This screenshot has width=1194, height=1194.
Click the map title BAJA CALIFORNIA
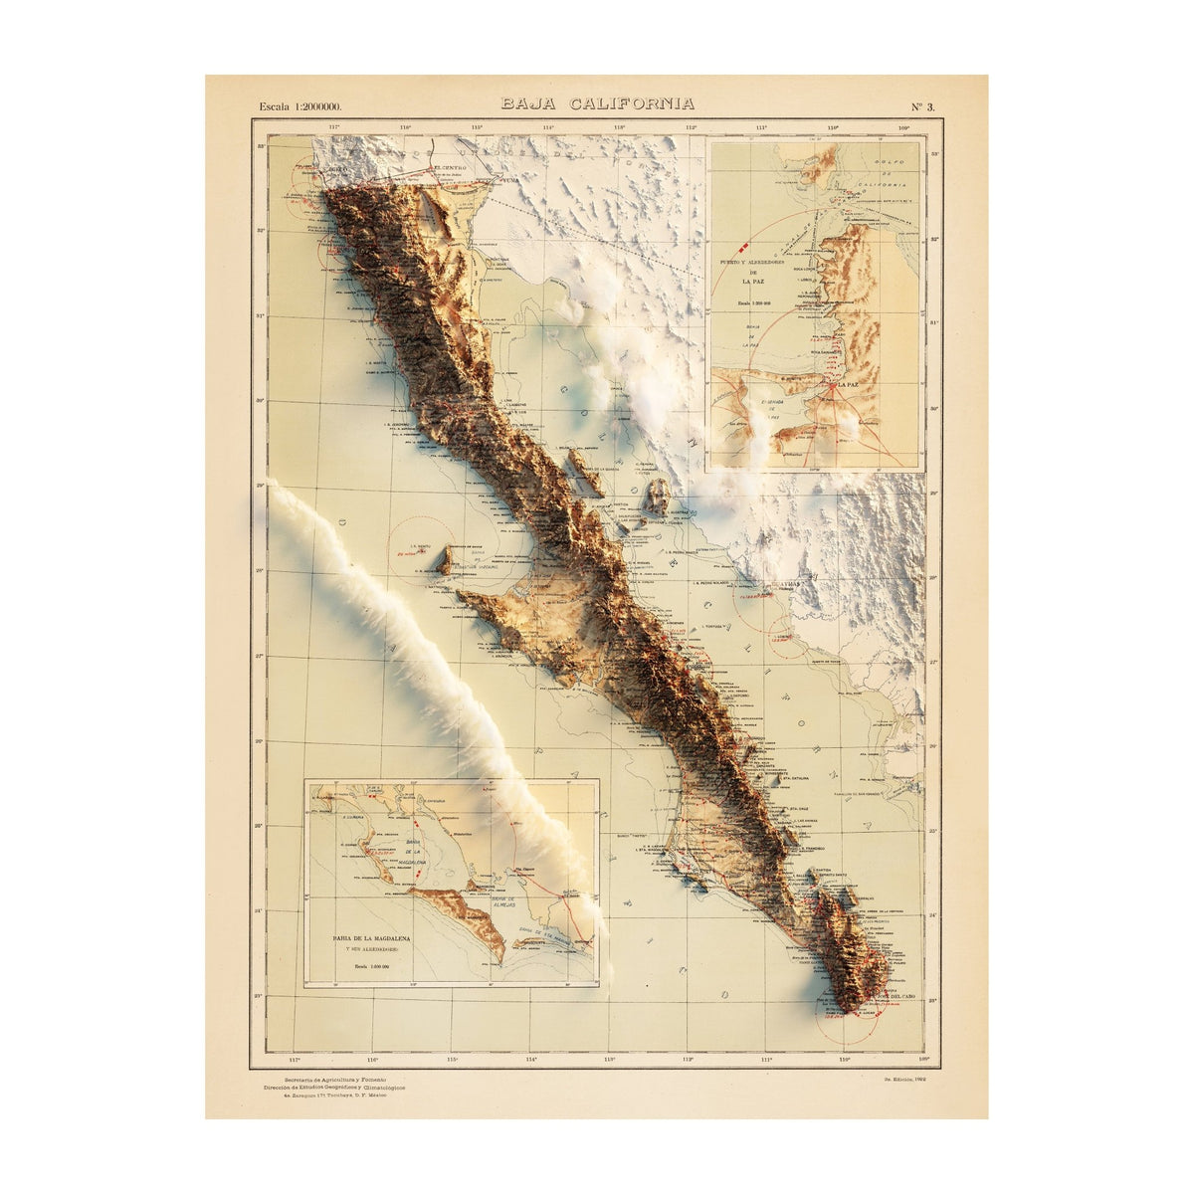click(x=597, y=103)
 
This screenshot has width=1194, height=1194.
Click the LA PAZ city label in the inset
click(x=848, y=383)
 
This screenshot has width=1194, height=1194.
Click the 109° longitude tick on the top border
click(x=903, y=127)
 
